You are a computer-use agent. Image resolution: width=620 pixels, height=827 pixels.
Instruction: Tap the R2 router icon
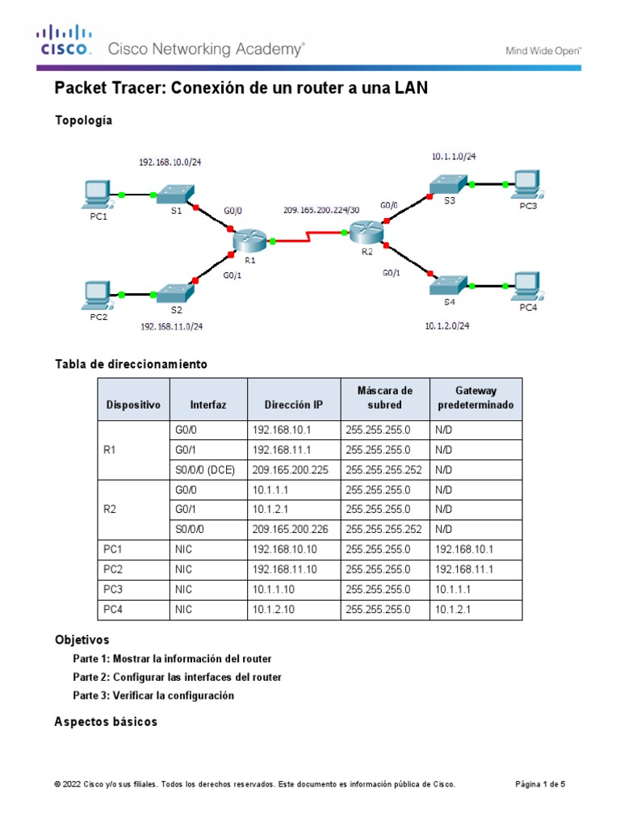367,232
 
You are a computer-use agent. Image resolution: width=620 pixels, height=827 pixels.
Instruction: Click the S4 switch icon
448,284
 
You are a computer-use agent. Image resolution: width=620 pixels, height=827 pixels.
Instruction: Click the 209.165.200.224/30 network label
321,210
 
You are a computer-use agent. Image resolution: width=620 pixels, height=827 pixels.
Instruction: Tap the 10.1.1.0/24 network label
459,157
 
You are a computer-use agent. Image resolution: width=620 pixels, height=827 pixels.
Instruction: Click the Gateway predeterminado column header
475,398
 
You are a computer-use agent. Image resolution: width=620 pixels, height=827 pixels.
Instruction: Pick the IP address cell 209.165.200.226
291,530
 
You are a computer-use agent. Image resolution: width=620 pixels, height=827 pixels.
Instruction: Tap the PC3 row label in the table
112,590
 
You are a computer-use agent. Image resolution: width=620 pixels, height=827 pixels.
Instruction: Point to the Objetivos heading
82,640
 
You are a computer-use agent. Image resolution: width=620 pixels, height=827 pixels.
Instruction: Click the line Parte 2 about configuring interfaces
177,677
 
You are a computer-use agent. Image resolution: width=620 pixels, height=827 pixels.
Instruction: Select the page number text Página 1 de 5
540,784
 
